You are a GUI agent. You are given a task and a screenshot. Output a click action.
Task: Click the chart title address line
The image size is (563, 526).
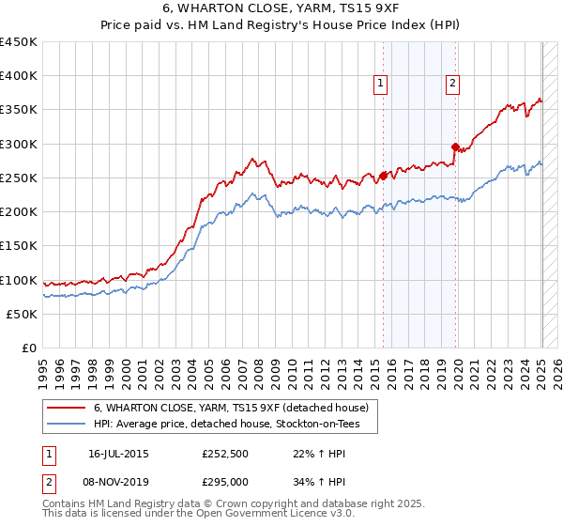click(281, 10)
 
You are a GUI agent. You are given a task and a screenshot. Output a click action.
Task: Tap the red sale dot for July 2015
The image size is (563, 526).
click(383, 176)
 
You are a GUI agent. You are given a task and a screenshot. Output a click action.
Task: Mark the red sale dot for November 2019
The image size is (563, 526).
click(455, 147)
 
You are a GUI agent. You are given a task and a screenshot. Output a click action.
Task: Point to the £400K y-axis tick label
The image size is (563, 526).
click(19, 76)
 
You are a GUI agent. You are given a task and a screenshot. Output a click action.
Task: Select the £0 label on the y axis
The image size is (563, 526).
click(29, 348)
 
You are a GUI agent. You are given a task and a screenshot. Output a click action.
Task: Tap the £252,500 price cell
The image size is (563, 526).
click(224, 453)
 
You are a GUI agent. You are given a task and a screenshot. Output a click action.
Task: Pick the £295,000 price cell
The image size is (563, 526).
click(224, 481)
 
